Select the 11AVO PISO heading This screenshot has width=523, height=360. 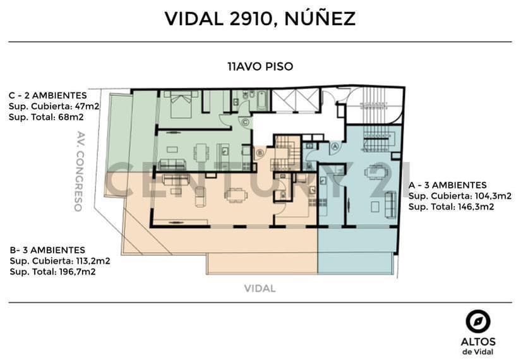260,66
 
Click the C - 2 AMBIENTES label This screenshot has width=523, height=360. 48,95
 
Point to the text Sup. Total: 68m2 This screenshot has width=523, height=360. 46,117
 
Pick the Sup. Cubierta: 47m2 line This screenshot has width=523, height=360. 54,107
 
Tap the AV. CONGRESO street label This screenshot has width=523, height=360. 79,171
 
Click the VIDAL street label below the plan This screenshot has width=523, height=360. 260,288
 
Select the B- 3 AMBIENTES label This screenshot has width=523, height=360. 47,250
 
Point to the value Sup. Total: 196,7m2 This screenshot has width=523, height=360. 52,272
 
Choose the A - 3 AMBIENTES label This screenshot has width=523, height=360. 448,185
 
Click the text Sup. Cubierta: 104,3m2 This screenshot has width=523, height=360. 460,196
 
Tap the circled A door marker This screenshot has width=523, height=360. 335,146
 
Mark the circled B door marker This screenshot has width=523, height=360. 260,153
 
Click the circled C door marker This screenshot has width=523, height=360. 246,123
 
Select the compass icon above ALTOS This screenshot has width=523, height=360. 478,321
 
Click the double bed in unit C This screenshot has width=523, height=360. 181,104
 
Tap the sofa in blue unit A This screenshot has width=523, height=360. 390,205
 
